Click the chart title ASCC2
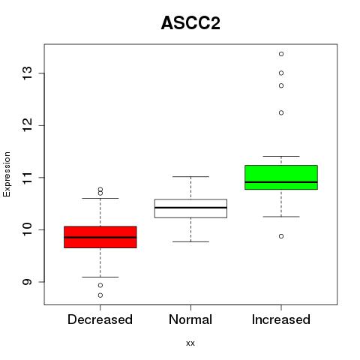coord(190,23)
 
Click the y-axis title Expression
coord(7,174)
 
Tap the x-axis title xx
coord(190,343)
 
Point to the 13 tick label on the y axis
coord(28,73)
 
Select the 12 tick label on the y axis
coord(28,125)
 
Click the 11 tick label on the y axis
coord(28,178)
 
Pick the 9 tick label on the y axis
coord(28,282)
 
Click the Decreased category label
coord(100,319)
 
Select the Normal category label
coord(190,319)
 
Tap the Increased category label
coord(281,319)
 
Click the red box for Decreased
coord(100,237)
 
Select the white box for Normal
coord(190,208)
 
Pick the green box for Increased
coord(281,177)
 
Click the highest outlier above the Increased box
coord(281,54)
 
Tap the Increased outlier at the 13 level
coord(281,73)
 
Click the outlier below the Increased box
coord(281,236)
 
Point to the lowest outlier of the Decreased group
coord(100,295)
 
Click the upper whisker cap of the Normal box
coord(190,177)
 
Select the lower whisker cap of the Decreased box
coord(100,277)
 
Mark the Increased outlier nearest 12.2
coord(281,112)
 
